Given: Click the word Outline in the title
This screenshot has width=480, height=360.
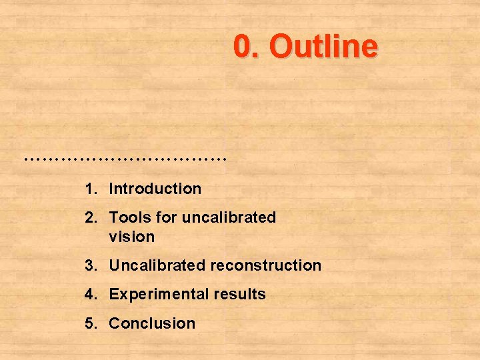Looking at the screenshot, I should click(325, 47).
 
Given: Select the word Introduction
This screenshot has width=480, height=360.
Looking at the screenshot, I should click(155, 189).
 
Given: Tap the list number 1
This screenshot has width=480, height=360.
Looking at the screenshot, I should click(89, 189).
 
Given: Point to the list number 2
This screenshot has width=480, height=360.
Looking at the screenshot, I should click(90, 217).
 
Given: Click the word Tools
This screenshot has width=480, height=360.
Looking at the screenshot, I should click(130, 217).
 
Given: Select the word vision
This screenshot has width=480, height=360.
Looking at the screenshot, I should click(131, 237).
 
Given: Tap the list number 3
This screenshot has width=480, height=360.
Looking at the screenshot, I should click(90, 265).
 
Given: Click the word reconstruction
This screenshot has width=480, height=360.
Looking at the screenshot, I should click(266, 265).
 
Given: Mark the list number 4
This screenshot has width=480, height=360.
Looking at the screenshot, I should click(90, 294).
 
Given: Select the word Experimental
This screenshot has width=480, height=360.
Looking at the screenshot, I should click(158, 294).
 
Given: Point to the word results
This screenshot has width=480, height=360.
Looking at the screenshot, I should click(239, 294).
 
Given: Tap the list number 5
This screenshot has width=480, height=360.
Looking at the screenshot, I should click(90, 323).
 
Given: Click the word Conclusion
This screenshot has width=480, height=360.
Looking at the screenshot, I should click(152, 323).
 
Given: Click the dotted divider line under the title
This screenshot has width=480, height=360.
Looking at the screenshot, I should click(125, 159).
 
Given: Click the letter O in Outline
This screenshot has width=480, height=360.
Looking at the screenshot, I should click(282, 47).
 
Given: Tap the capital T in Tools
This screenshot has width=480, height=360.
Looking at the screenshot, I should click(113, 217).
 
